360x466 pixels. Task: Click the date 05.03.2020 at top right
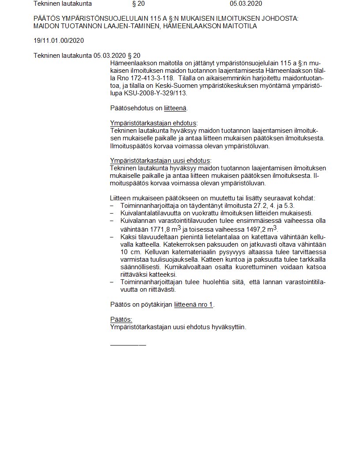[246, 4]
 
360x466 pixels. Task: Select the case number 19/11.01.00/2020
[59, 41]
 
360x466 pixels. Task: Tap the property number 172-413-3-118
[143, 79]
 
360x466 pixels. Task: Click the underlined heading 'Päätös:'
[121, 319]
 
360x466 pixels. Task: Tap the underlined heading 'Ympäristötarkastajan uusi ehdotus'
[160, 161]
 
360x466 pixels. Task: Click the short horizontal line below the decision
[127, 344]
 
